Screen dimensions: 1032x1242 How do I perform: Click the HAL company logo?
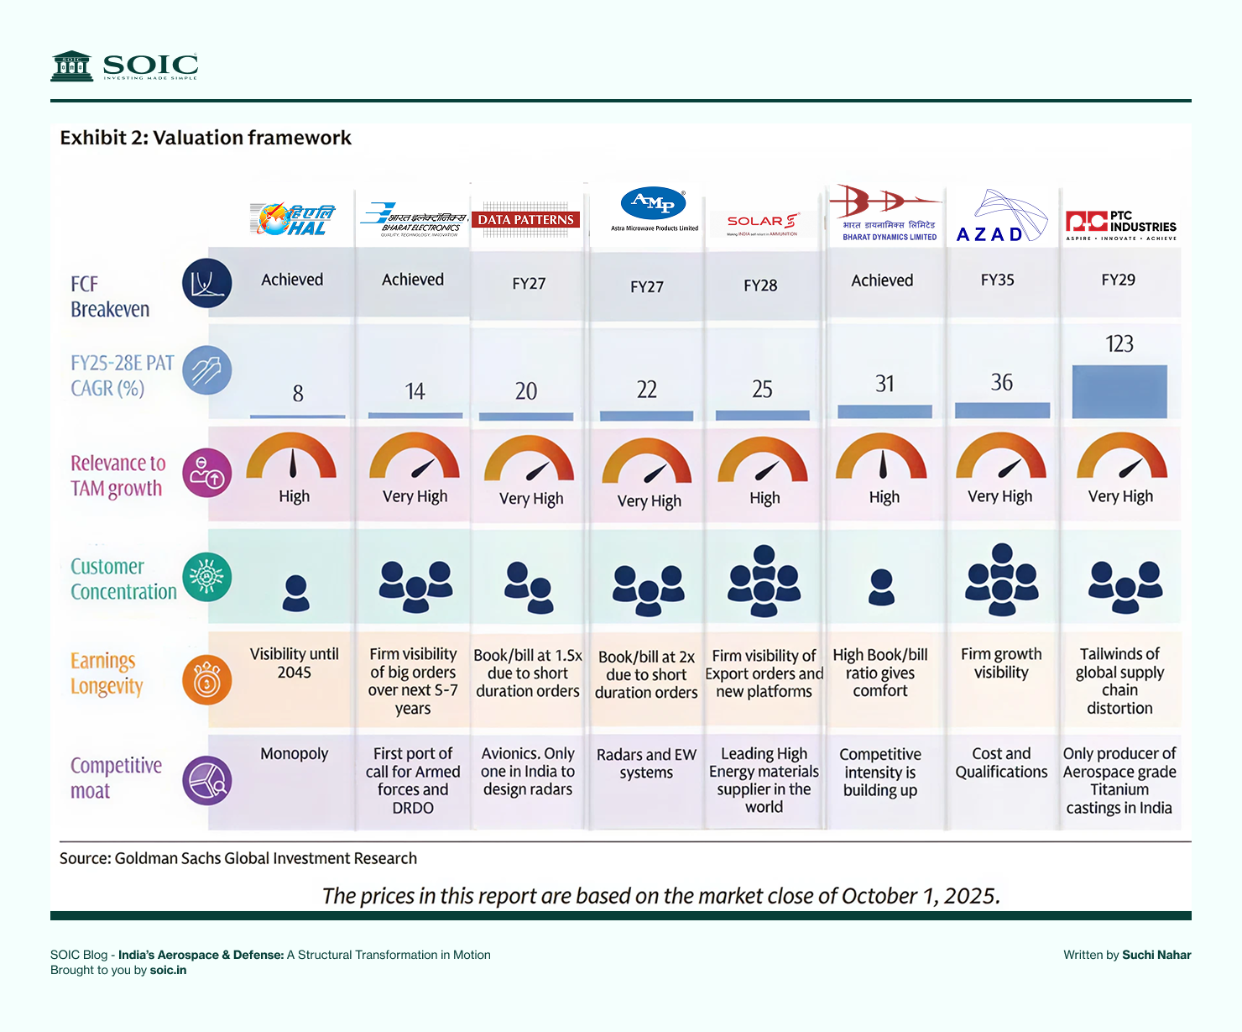click(x=292, y=219)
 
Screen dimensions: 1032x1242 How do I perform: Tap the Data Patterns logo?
click(x=526, y=220)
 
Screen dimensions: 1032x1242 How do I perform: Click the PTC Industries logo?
click(x=1120, y=225)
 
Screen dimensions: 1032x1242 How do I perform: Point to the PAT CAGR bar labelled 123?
click(x=1119, y=391)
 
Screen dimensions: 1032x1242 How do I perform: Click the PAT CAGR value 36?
click(x=1002, y=383)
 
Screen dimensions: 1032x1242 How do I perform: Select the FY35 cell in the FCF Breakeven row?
click(x=997, y=280)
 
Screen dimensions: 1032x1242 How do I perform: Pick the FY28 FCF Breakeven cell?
click(x=760, y=286)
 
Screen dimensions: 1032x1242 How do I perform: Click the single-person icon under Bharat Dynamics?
click(x=881, y=587)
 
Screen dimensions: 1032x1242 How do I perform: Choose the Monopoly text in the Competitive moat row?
click(x=294, y=754)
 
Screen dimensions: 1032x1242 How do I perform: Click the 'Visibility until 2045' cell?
click(x=294, y=663)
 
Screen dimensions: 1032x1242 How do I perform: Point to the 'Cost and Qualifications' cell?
click(x=1001, y=762)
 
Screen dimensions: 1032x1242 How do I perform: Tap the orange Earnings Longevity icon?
click(x=206, y=679)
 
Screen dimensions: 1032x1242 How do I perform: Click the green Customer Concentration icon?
click(x=206, y=577)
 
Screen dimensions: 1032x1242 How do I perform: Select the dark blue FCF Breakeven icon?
click(x=206, y=283)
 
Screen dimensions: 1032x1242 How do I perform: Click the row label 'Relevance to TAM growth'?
click(x=117, y=475)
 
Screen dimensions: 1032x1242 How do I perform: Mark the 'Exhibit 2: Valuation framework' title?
click(x=206, y=138)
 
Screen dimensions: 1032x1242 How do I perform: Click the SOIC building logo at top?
click(x=71, y=65)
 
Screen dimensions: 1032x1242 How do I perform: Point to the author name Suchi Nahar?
click(x=1156, y=955)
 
